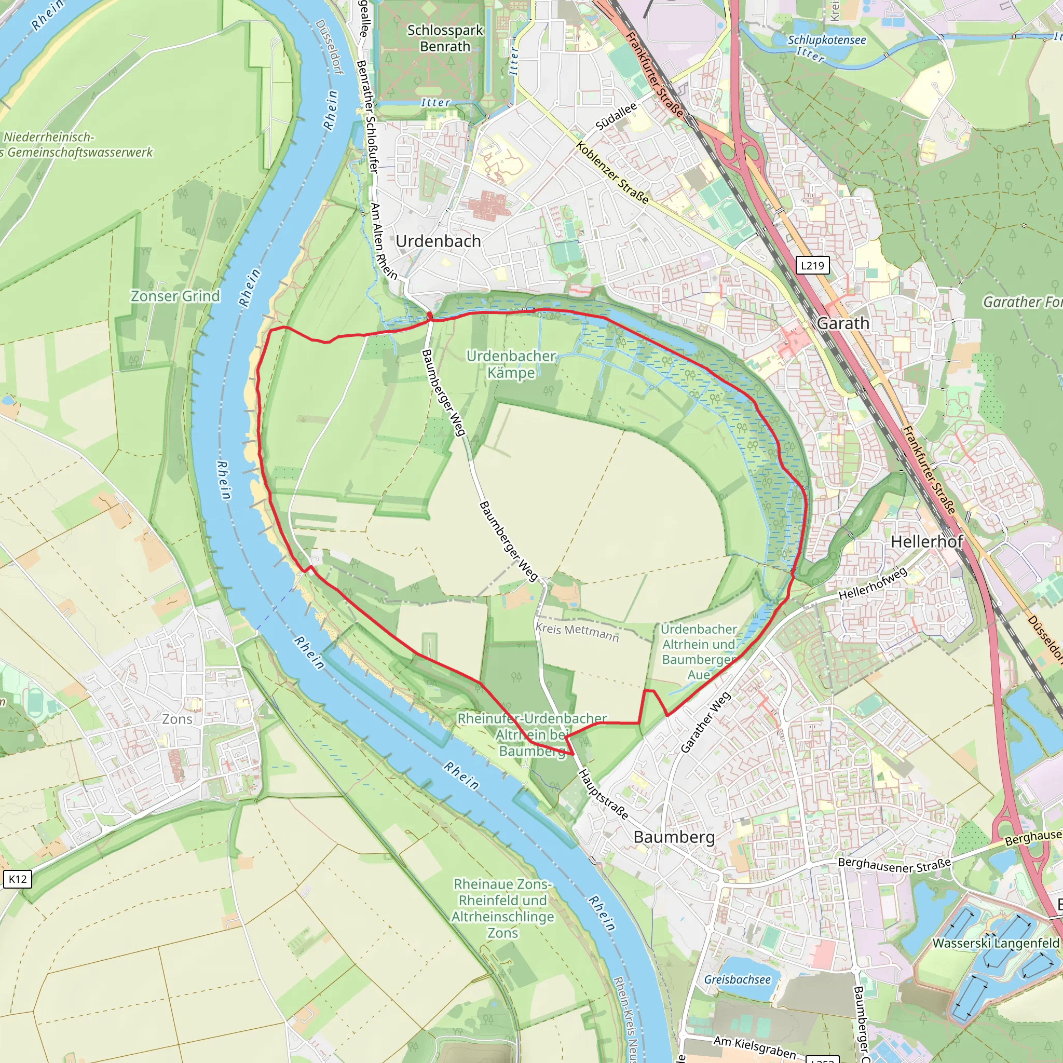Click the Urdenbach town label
tap(438, 241)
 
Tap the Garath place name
tap(843, 323)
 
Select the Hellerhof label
tap(926, 541)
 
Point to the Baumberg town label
tap(674, 837)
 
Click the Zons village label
tap(177, 718)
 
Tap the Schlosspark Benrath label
tap(445, 38)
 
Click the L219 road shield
tap(812, 266)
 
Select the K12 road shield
tap(18, 879)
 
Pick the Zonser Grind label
tap(175, 296)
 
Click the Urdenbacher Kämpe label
tap(511, 364)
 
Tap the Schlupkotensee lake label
tap(826, 40)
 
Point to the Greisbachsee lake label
tap(737, 979)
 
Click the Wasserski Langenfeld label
tap(996, 943)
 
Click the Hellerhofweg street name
tap(873, 584)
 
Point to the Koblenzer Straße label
tap(612, 172)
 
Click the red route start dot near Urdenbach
tap(430, 315)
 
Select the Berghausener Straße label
tap(894, 865)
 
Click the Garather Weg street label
tap(705, 722)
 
